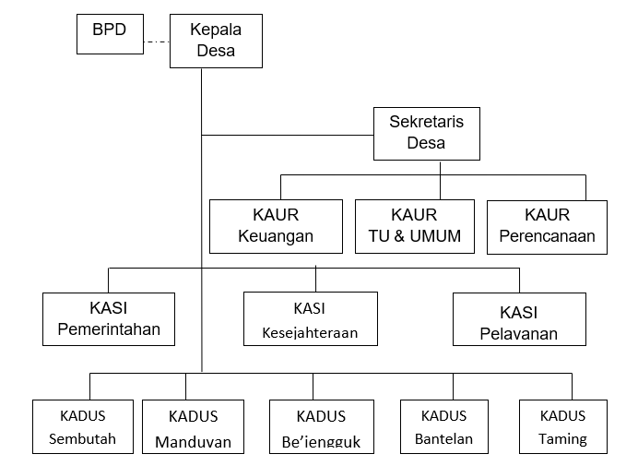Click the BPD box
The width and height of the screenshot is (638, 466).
(x=109, y=34)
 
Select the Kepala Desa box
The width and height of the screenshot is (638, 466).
(x=216, y=41)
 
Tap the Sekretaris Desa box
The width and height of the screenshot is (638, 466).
(x=426, y=134)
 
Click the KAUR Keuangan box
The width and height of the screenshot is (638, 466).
(x=276, y=226)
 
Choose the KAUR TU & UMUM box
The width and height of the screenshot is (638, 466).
(x=414, y=226)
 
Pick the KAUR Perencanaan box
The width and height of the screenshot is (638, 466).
(x=547, y=226)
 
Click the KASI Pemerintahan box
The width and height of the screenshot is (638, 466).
(x=109, y=319)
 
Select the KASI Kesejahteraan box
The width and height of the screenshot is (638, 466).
(x=310, y=319)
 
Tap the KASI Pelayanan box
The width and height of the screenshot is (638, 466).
(x=519, y=319)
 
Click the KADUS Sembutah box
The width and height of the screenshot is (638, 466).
(x=83, y=427)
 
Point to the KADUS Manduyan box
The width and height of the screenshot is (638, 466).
(x=193, y=427)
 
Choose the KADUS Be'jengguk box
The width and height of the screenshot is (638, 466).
(x=321, y=427)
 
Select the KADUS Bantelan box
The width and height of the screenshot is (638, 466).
(x=444, y=427)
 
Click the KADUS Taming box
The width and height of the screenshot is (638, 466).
(x=563, y=427)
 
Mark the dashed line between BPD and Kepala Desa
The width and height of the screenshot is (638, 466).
(x=156, y=41)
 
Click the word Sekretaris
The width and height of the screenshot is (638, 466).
(x=426, y=122)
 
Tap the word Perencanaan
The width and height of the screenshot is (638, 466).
(x=547, y=236)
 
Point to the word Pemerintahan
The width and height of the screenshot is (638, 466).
(x=109, y=329)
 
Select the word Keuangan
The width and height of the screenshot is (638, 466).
(x=276, y=236)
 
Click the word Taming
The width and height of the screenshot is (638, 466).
(x=563, y=439)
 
